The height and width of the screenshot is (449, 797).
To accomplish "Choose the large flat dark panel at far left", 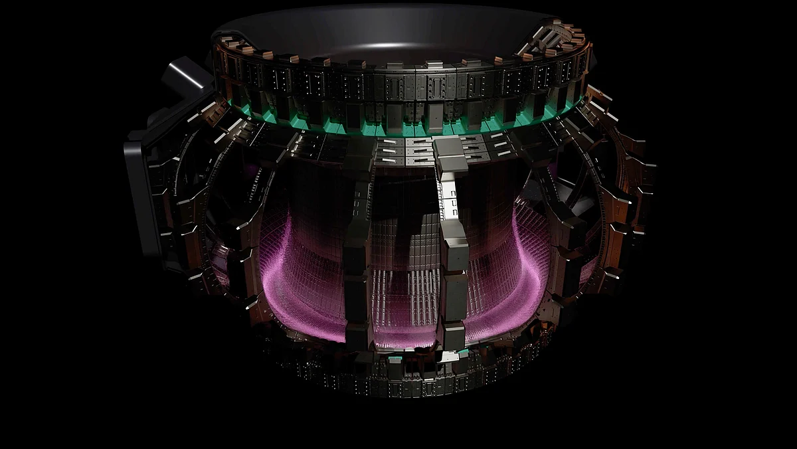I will click(141, 193).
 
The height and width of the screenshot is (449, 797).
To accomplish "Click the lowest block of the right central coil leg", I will click(454, 335).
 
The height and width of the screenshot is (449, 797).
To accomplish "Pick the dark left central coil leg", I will click(357, 266).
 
